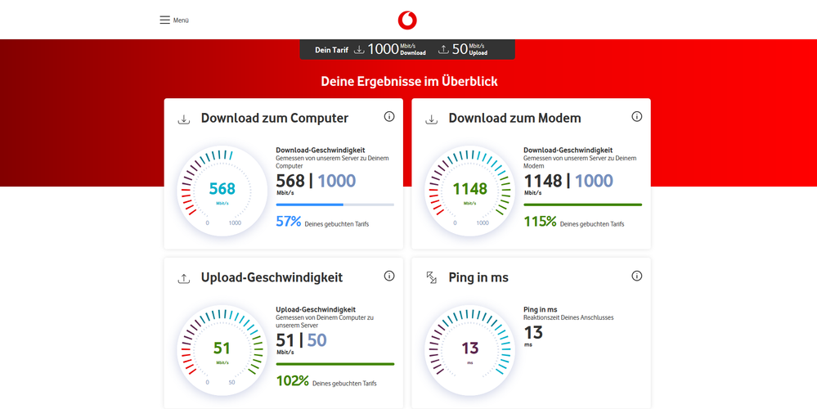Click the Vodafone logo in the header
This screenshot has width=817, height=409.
point(407,20)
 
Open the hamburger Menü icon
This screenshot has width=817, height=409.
point(165,20)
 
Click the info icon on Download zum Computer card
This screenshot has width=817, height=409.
point(389,117)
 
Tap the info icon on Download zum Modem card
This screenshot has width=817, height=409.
point(637,117)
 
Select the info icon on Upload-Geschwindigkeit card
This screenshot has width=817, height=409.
point(389,276)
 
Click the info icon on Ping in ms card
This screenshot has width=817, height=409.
point(637,276)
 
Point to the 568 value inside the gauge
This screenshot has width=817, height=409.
point(222,189)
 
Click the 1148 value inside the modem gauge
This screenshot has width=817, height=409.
point(469,189)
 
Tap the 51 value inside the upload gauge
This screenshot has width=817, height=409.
point(222,348)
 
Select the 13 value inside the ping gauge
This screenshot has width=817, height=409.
point(469,348)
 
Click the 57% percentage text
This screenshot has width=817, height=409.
point(288,222)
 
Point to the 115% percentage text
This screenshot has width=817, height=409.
point(540,222)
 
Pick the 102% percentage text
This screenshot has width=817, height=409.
point(292,381)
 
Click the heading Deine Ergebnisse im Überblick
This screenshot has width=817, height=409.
point(409,82)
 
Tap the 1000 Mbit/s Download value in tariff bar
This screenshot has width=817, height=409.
point(396,49)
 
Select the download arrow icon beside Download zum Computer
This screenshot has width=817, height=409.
point(184,119)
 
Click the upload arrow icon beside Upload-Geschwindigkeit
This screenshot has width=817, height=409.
point(184,279)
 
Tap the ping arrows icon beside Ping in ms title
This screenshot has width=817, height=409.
point(432,278)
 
